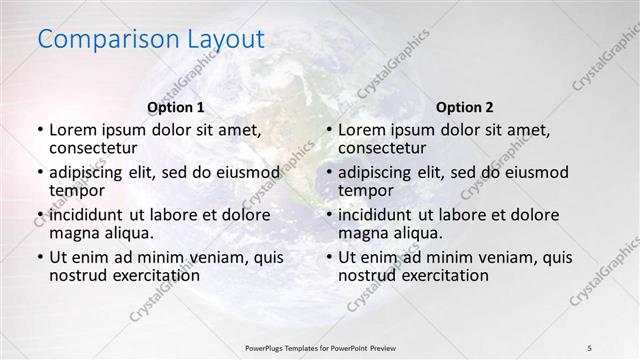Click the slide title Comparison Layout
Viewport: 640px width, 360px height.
[x=151, y=40]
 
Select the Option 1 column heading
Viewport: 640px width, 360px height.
[x=175, y=107]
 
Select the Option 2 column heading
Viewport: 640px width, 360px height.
[x=465, y=107]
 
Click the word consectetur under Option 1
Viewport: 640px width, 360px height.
[x=93, y=148]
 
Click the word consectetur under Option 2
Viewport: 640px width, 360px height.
[x=383, y=148]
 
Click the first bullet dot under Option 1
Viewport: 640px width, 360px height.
[x=40, y=130]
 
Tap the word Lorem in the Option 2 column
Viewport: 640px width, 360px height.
[x=361, y=130]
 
